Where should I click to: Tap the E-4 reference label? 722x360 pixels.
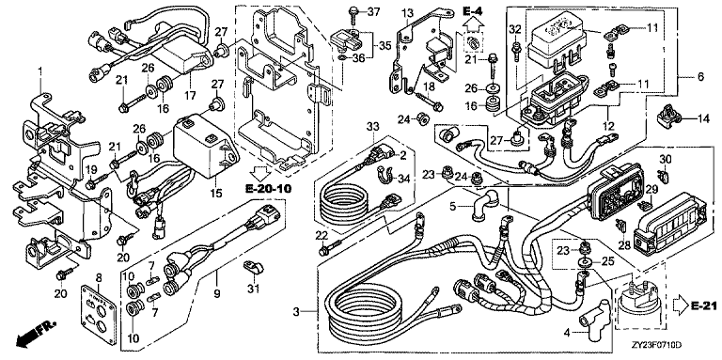(x=472, y=9)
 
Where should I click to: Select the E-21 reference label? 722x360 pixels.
(x=703, y=305)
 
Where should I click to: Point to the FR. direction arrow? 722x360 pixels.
(x=35, y=333)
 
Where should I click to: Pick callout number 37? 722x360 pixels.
(x=373, y=11)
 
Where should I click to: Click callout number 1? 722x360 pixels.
(x=40, y=71)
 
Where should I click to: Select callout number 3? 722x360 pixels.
(x=296, y=312)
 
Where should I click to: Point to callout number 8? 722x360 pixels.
(x=99, y=277)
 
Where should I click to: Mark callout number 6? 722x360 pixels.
(x=700, y=78)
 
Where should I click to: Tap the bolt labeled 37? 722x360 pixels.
(x=353, y=15)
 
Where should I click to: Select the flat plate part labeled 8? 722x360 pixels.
(x=98, y=315)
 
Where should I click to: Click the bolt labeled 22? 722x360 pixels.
(x=332, y=247)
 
